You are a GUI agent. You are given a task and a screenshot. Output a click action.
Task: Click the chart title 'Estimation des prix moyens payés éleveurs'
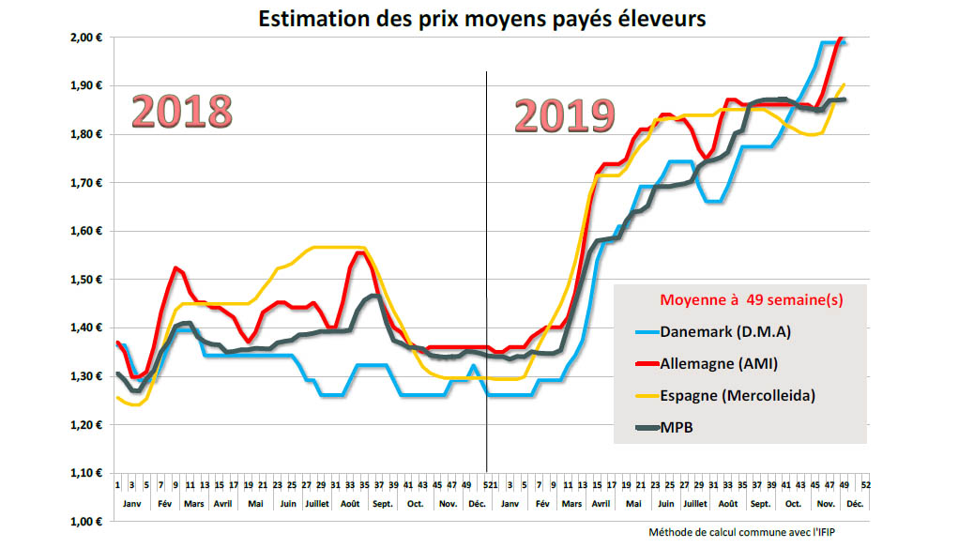point(481,19)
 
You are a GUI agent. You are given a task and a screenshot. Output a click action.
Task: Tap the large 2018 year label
point(181,111)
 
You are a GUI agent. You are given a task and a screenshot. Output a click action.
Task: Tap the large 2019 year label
point(564,116)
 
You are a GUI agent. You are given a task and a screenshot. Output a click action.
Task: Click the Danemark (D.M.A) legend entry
point(725,331)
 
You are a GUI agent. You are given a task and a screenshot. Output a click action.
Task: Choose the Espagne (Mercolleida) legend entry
point(738,395)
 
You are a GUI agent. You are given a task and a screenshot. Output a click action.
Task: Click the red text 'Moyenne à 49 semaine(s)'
point(751,300)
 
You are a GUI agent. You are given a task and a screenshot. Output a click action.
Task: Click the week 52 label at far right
point(864,486)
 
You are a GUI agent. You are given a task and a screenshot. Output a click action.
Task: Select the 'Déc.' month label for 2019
point(855,504)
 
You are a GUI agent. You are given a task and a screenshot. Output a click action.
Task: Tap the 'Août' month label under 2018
point(350,504)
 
